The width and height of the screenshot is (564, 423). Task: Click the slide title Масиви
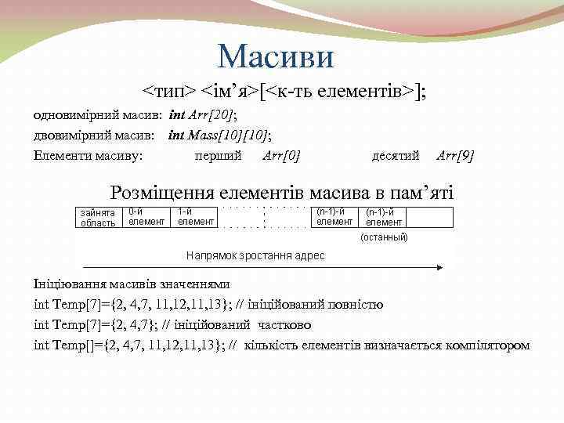coord(275,56)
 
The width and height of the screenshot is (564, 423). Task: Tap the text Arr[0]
coord(282,154)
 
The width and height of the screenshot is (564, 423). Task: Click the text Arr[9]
coord(455,154)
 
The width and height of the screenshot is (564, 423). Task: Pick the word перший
coord(218,154)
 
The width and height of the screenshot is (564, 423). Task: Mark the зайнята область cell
coord(98,218)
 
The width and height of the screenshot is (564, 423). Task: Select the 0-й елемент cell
coord(146,217)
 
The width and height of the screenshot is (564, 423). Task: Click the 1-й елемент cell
coord(195,217)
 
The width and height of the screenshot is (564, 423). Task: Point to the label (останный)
coord(384,236)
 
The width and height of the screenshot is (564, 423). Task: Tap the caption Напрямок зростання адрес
coord(255,255)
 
